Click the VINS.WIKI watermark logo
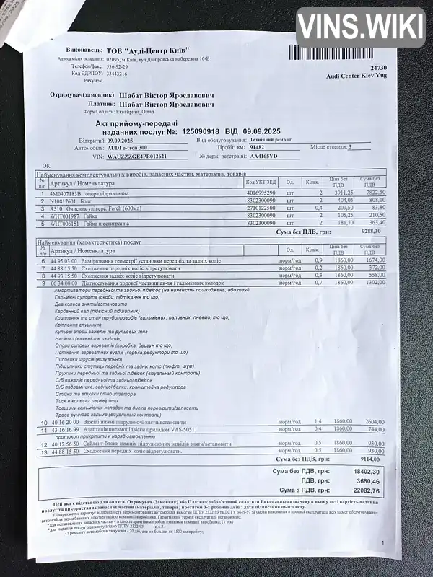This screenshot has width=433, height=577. [x=360, y=27]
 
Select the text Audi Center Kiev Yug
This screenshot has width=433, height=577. [x=357, y=75]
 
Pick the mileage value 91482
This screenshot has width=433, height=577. [x=257, y=147]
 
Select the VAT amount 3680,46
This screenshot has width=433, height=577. [x=367, y=480]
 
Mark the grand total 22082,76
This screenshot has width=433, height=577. [x=365, y=490]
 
